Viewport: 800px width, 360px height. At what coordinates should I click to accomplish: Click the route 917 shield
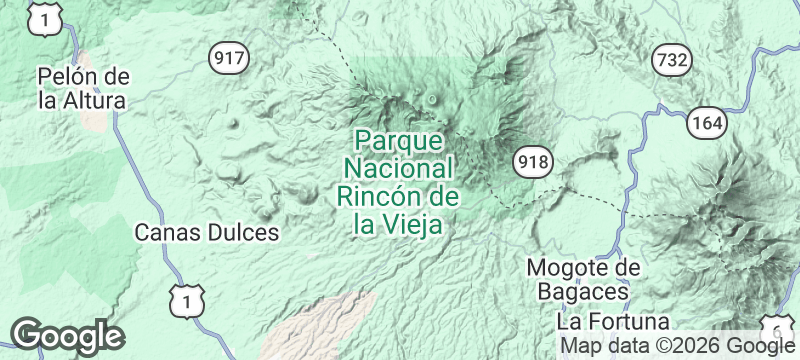point(229,58)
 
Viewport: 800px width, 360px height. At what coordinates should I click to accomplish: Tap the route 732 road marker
point(671,60)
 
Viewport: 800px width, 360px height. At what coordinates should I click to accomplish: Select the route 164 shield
point(706,123)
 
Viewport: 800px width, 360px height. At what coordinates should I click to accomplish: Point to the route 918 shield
point(530,161)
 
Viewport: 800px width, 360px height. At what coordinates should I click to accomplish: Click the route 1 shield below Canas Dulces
point(187,298)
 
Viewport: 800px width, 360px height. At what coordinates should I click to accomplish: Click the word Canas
point(171,233)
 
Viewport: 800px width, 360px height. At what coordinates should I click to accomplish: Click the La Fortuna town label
point(613,322)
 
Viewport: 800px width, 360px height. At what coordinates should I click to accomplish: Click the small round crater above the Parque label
point(432,99)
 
